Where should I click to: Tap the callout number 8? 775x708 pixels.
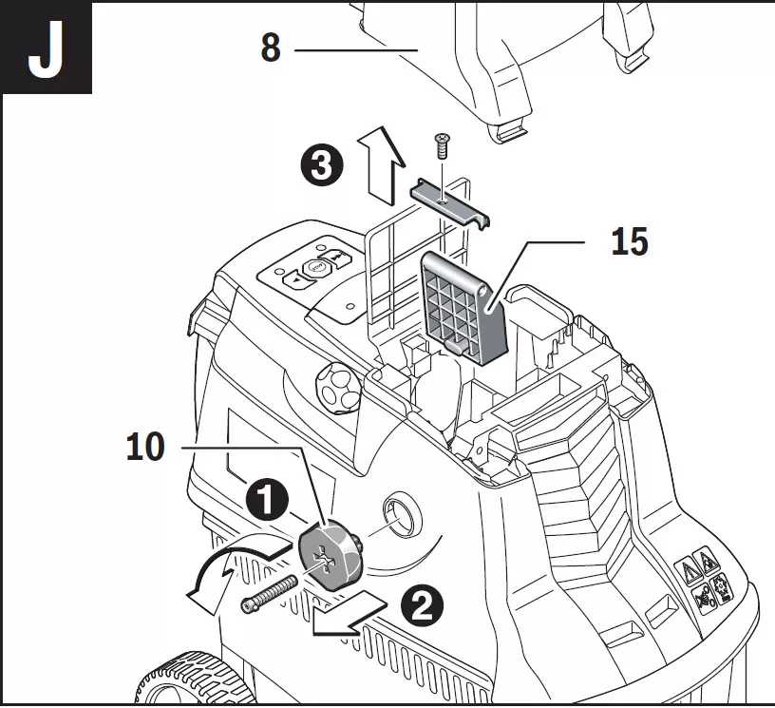tap(271, 47)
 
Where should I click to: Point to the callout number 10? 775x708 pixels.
tap(144, 447)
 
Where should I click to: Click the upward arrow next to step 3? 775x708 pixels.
tap(377, 165)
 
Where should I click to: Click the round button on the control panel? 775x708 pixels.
tap(314, 270)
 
